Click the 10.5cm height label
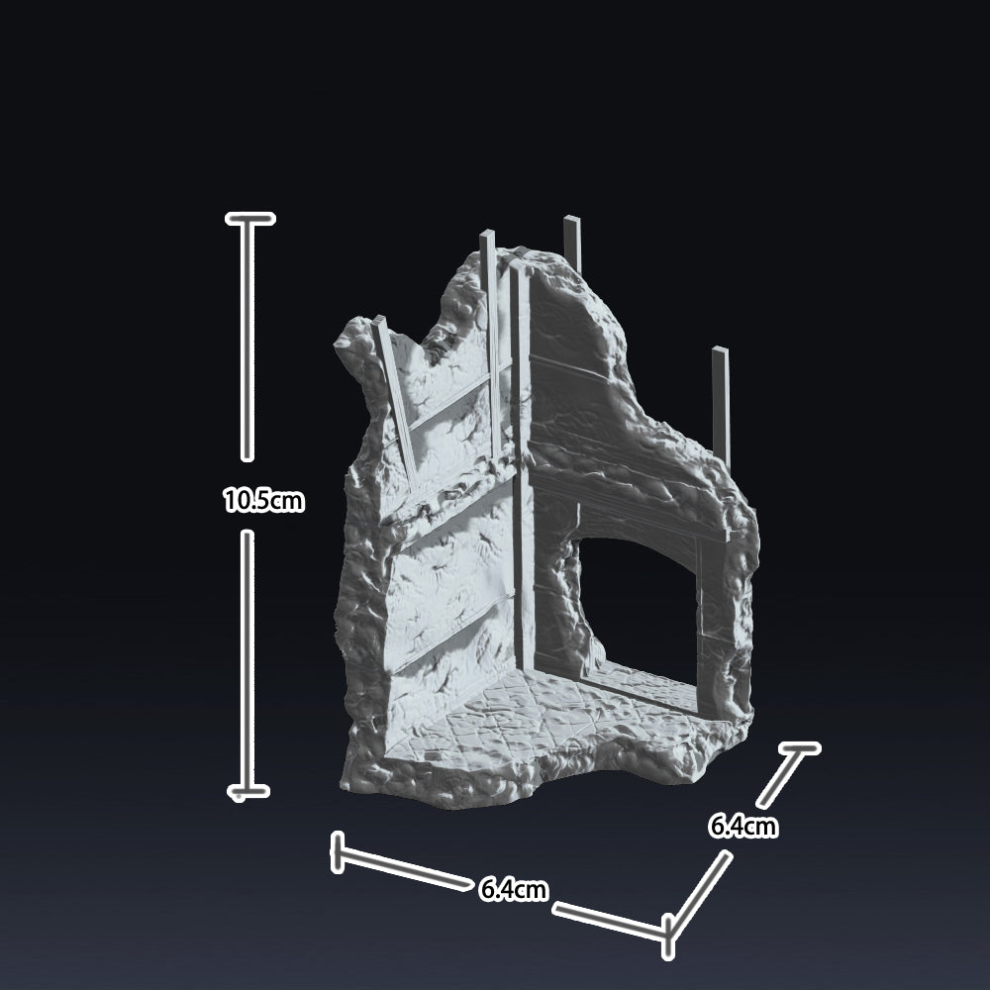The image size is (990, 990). click(264, 501)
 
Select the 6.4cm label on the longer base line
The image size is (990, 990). click(513, 889)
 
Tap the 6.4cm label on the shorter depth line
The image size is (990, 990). click(742, 826)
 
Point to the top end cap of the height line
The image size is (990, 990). click(250, 219)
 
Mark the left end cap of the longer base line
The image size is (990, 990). click(338, 852)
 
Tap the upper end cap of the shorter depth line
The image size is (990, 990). click(799, 748)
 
